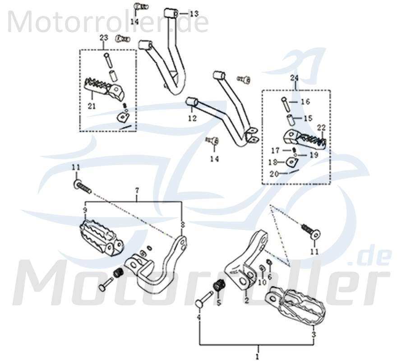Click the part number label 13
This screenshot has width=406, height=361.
pos(194,14)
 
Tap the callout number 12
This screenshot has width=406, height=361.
pos(193,119)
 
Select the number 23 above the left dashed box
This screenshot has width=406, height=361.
pos(103,38)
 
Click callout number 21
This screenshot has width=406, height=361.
pos(92,106)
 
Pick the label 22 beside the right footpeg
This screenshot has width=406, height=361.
pos(321,127)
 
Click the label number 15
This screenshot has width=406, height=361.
pos(307,118)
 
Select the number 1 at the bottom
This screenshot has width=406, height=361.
pos(258,356)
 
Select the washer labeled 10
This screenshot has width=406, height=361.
pos(262,269)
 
